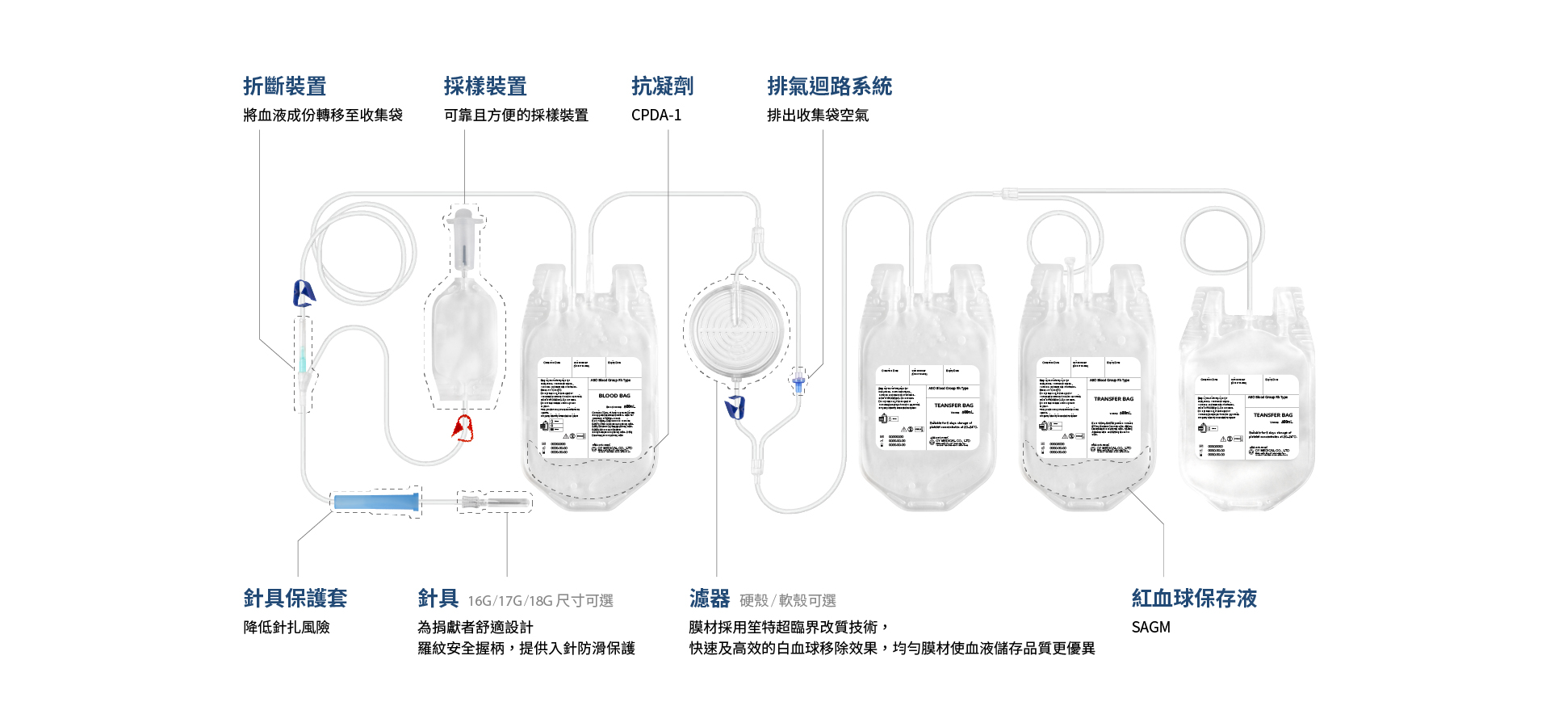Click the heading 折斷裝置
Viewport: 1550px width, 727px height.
tap(284, 86)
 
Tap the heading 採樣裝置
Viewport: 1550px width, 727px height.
tap(484, 86)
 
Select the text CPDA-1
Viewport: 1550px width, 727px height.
tap(656, 116)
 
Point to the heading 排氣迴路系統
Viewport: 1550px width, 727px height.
tap(829, 86)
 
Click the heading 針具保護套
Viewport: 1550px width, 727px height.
tap(295, 599)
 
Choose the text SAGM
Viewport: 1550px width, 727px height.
tap(1150, 628)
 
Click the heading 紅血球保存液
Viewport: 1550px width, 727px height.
tap(1194, 599)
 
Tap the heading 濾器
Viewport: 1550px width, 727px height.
tap(709, 599)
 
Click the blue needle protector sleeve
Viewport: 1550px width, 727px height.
tap(376, 502)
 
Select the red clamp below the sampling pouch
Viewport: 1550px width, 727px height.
tap(463, 428)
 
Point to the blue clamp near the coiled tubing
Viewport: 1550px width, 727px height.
tap(304, 293)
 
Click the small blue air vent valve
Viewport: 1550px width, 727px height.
tap(798, 382)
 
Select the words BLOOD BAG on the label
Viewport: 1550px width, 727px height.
tap(614, 396)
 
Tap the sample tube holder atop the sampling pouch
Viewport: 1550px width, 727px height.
tap(464, 238)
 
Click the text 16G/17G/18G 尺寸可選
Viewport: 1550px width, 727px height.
tap(540, 601)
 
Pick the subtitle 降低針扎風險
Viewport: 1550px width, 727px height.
tap(287, 628)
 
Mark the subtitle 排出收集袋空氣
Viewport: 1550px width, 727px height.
tap(818, 116)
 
